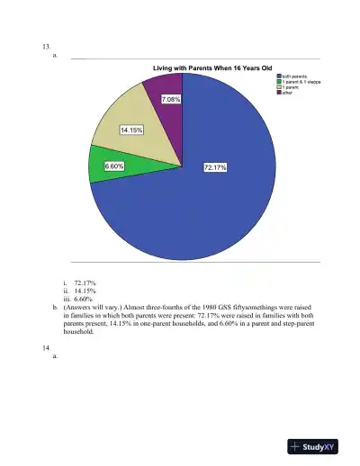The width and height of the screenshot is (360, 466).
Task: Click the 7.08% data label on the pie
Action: (171, 100)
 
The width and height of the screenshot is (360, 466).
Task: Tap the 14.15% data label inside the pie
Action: (132, 130)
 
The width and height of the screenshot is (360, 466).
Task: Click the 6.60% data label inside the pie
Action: (114, 166)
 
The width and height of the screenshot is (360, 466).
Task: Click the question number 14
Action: (46, 346)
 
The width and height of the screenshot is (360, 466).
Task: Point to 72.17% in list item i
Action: (85, 282)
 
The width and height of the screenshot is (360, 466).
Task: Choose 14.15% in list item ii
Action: (85, 291)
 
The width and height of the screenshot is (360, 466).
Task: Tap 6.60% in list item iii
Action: (85, 299)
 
